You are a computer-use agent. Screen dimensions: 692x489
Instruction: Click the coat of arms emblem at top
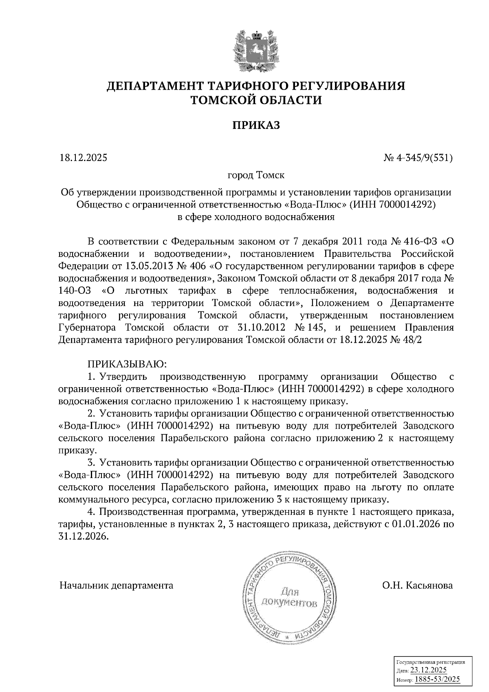point(256,50)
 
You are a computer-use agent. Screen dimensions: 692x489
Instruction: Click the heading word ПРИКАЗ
point(256,125)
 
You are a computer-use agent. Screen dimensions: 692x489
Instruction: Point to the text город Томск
point(256,176)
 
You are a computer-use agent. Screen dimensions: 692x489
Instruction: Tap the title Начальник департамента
point(117,586)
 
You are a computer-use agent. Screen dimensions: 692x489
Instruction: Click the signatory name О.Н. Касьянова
point(417,586)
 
